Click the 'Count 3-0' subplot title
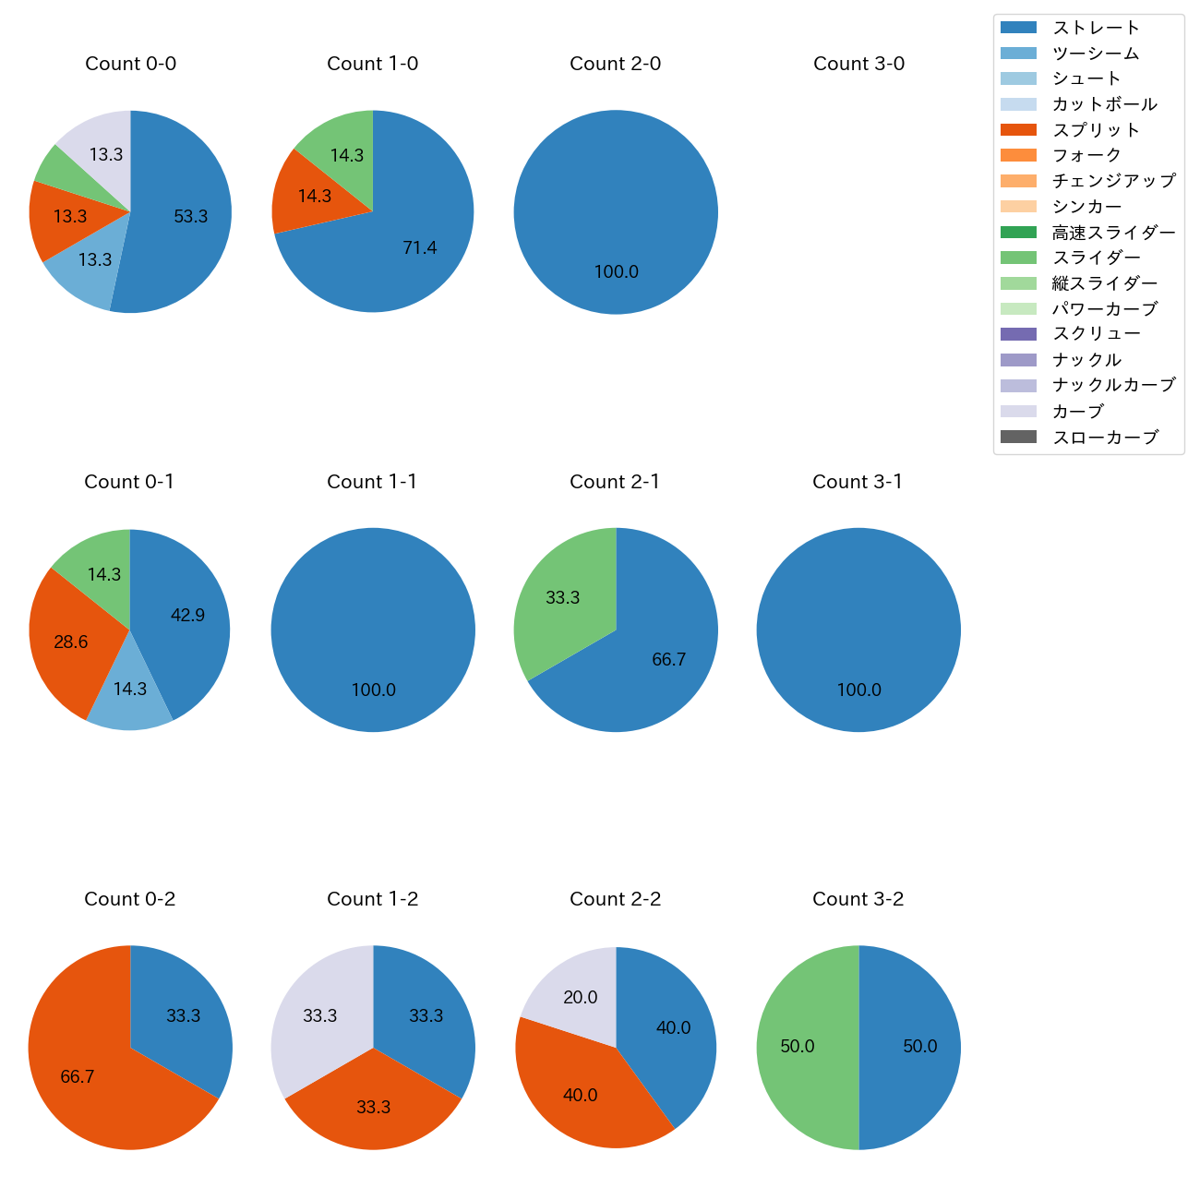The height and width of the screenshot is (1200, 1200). (858, 64)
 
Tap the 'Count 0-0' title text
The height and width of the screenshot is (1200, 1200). (130, 64)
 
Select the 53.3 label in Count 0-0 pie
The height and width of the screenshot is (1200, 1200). (190, 217)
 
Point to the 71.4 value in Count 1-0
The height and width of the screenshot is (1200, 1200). (419, 247)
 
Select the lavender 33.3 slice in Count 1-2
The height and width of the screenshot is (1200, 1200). (318, 1015)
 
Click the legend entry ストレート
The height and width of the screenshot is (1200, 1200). (1096, 28)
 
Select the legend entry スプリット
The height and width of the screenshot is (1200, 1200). (1096, 130)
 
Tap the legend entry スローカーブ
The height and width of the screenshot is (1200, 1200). (1105, 438)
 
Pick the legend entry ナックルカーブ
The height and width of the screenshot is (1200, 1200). (1113, 386)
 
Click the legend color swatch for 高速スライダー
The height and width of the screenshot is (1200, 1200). (1018, 233)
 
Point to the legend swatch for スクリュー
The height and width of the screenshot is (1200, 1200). (1018, 334)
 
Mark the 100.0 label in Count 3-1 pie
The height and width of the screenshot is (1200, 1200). (858, 690)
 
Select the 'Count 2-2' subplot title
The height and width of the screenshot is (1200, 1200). (615, 899)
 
